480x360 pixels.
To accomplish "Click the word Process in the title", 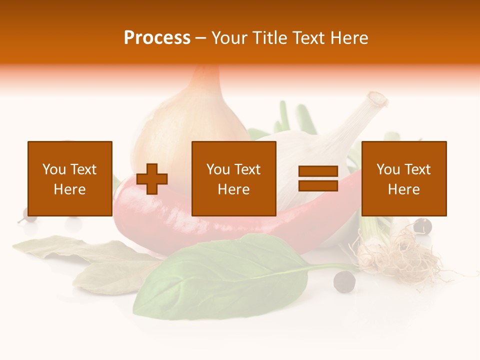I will coord(157,38).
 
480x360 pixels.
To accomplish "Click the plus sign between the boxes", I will coord(152,179).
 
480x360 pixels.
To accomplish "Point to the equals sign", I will coord(318,179).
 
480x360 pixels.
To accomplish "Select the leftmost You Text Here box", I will coord(70,178).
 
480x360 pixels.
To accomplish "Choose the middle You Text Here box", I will coord(234,178).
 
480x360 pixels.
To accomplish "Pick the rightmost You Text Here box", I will coord(404,178).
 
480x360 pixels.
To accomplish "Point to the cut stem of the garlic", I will coord(376,100).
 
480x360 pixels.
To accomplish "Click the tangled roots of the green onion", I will coord(400,255).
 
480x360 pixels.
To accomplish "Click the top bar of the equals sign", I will coord(318,171).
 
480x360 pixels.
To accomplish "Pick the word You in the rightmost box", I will coord(387,169).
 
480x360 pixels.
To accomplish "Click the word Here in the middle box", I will coord(234,189).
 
